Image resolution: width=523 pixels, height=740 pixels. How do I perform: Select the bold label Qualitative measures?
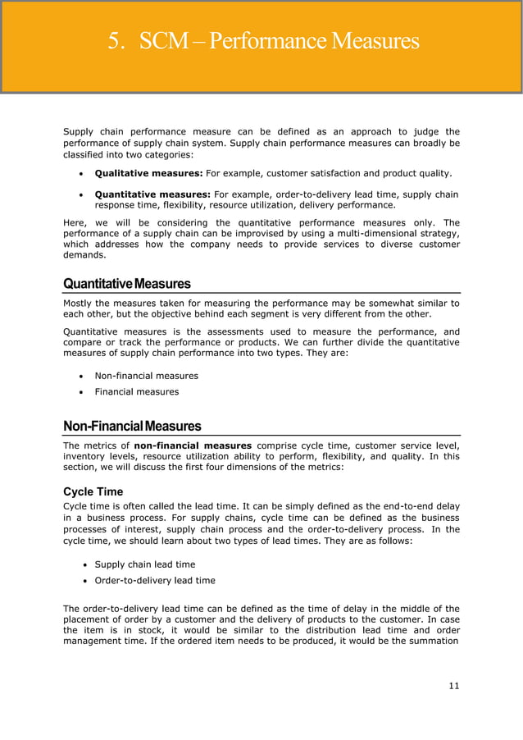click(148, 173)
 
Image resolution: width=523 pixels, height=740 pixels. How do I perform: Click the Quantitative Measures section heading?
click(127, 284)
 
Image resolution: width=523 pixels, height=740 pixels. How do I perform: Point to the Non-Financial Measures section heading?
click(132, 427)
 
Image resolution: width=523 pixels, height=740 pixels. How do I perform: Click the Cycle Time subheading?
click(93, 491)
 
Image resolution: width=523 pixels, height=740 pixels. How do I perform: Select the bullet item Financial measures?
click(136, 391)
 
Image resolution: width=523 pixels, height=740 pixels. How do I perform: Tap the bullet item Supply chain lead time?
click(145, 564)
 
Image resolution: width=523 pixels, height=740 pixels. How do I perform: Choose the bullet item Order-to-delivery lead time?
click(155, 580)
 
